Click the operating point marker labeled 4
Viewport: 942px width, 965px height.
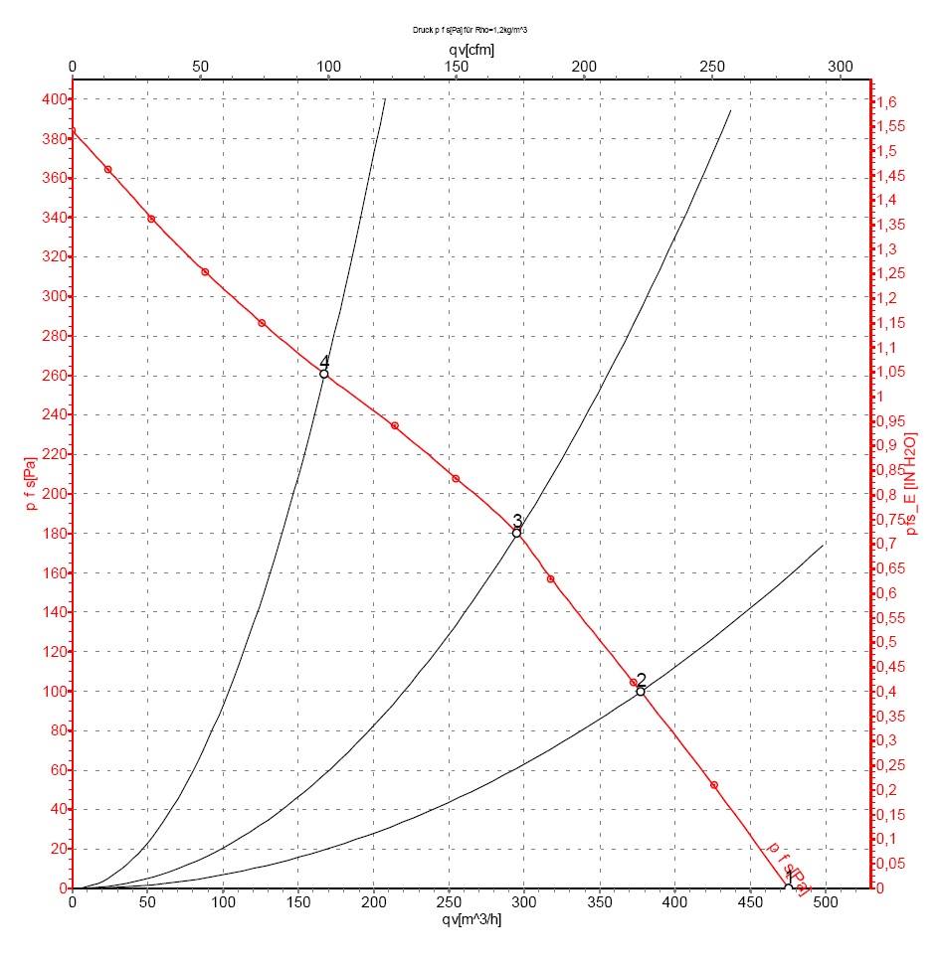tap(324, 374)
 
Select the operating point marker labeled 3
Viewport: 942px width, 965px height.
tap(516, 533)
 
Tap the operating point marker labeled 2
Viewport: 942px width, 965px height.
tap(641, 691)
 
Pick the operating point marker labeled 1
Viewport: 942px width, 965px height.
tap(788, 887)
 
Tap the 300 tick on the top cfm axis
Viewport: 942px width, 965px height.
tap(841, 67)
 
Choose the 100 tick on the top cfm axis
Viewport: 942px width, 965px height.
tap(328, 67)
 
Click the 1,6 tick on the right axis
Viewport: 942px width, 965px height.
tap(886, 101)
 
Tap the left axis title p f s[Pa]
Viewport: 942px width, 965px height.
tap(30, 482)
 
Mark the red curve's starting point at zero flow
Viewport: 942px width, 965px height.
tap(73, 130)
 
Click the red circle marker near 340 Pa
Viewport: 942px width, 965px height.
tap(151, 219)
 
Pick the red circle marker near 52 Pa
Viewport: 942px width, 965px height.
tap(714, 785)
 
